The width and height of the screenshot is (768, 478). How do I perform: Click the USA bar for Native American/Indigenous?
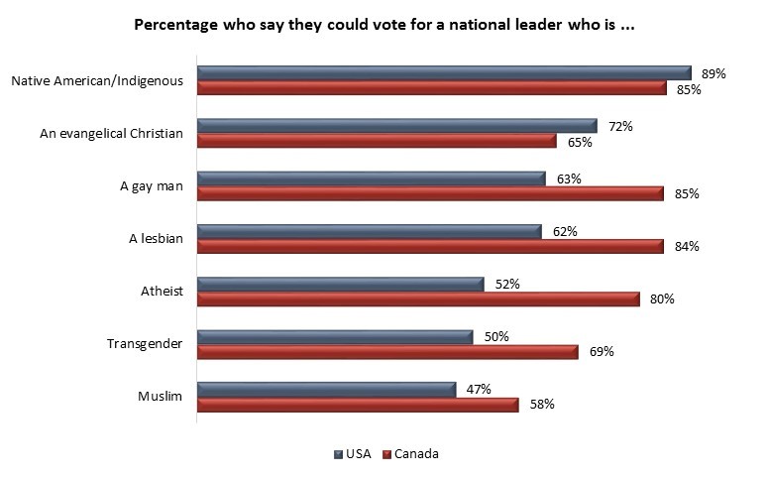pyautogui.click(x=444, y=72)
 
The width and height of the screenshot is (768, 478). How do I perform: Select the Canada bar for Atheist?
pyautogui.click(x=418, y=299)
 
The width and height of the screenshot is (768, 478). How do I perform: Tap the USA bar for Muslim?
pyautogui.click(x=327, y=389)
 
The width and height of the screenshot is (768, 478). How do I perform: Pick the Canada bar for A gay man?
pyautogui.click(x=430, y=193)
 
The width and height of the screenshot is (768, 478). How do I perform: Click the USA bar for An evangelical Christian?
pyautogui.click(x=397, y=126)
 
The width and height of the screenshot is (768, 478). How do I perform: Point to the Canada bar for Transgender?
pyautogui.click(x=387, y=351)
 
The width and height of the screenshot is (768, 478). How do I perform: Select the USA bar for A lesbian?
pyautogui.click(x=370, y=231)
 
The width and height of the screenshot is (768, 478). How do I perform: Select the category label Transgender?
pyautogui.click(x=145, y=344)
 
